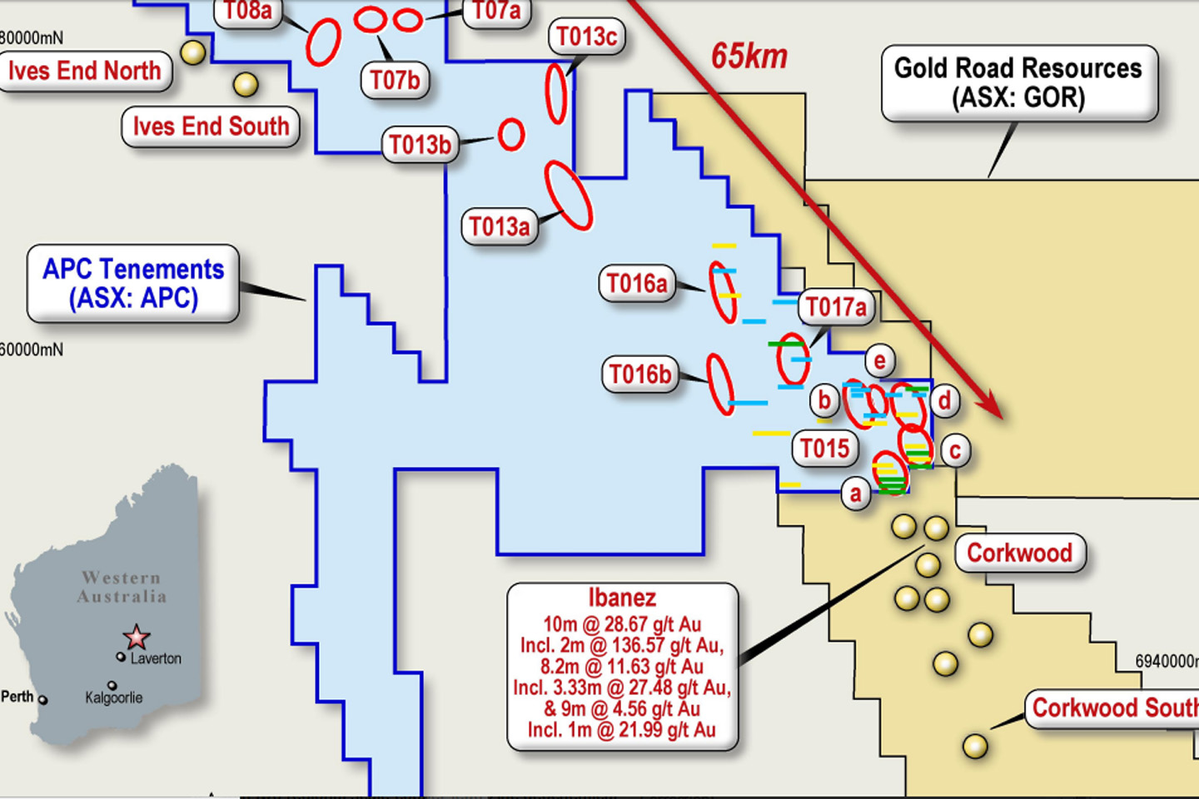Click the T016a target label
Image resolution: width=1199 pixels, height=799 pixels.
point(637,284)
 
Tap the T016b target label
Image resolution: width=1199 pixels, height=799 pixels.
point(639,375)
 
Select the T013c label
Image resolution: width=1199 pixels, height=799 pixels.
point(586,37)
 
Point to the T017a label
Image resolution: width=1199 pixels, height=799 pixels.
point(836,307)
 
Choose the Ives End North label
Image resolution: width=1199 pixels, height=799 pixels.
point(84,71)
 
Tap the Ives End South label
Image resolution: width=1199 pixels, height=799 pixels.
point(211,127)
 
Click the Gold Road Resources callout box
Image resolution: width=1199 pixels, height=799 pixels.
point(1018,82)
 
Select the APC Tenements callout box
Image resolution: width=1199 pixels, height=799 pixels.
point(133,283)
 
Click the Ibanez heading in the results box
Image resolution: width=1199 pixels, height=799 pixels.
point(622,598)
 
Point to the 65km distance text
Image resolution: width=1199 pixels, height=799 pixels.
point(749,57)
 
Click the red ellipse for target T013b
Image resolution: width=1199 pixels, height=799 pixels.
point(511,134)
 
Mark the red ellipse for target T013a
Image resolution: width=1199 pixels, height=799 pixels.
point(569,195)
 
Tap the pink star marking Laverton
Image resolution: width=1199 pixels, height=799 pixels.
point(137,638)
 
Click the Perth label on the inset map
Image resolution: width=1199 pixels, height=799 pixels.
point(17,697)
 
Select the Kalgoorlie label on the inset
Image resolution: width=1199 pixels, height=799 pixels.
point(114,697)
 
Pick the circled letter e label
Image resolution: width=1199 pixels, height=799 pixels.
point(880,360)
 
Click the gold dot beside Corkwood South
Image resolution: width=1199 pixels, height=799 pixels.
point(975,746)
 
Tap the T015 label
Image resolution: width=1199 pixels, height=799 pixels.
point(824,449)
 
